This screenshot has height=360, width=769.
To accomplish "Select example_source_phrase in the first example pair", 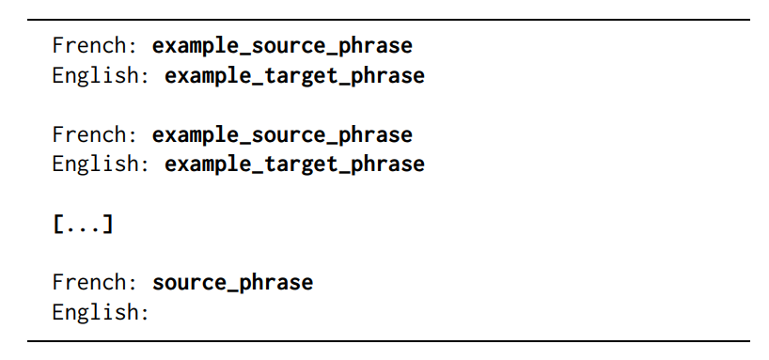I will pyautogui.click(x=282, y=45).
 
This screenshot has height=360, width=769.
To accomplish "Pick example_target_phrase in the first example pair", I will pyautogui.click(x=294, y=75).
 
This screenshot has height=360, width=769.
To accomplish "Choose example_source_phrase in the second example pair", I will pyautogui.click(x=282, y=134).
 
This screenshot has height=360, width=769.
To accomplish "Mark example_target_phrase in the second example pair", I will pyautogui.click(x=294, y=164).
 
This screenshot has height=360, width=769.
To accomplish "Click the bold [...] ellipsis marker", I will pyautogui.click(x=83, y=224).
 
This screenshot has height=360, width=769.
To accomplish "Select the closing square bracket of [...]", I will pyautogui.click(x=108, y=224).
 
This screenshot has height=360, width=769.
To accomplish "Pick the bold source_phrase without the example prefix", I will pyautogui.click(x=232, y=282).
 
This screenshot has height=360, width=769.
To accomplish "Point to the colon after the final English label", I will pyautogui.click(x=145, y=313).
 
